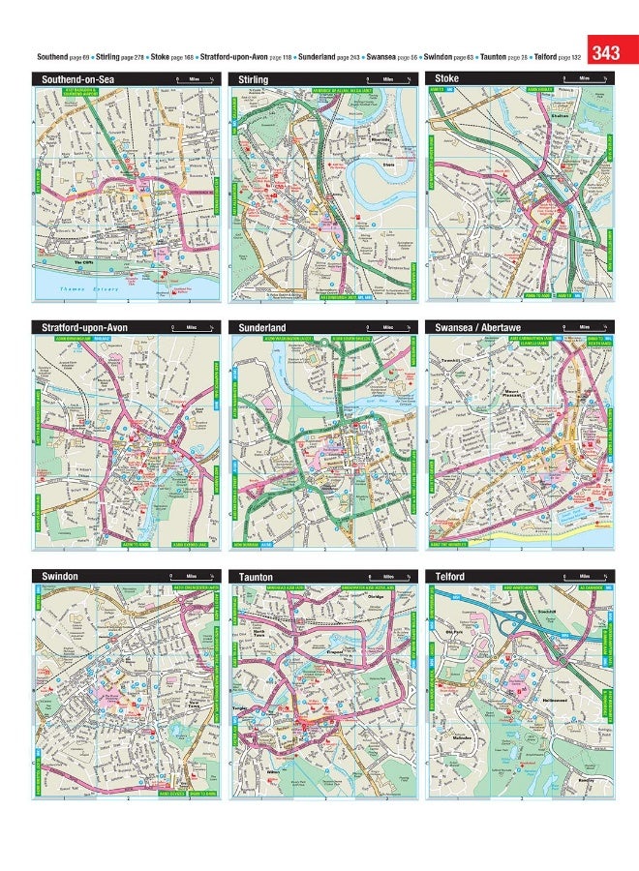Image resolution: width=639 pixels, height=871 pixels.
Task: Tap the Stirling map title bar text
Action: click(x=253, y=78)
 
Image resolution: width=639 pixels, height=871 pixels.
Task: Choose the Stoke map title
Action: click(x=447, y=77)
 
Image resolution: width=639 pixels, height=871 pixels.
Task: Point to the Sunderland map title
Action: click(x=262, y=328)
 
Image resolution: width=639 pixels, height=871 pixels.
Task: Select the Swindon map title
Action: click(x=59, y=577)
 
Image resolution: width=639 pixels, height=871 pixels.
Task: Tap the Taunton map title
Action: click(x=256, y=577)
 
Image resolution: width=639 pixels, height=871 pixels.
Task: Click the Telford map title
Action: click(x=451, y=577)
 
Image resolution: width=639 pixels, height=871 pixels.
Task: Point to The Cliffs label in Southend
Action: click(x=83, y=261)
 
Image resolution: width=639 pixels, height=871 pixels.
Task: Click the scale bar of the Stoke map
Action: click(x=582, y=78)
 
